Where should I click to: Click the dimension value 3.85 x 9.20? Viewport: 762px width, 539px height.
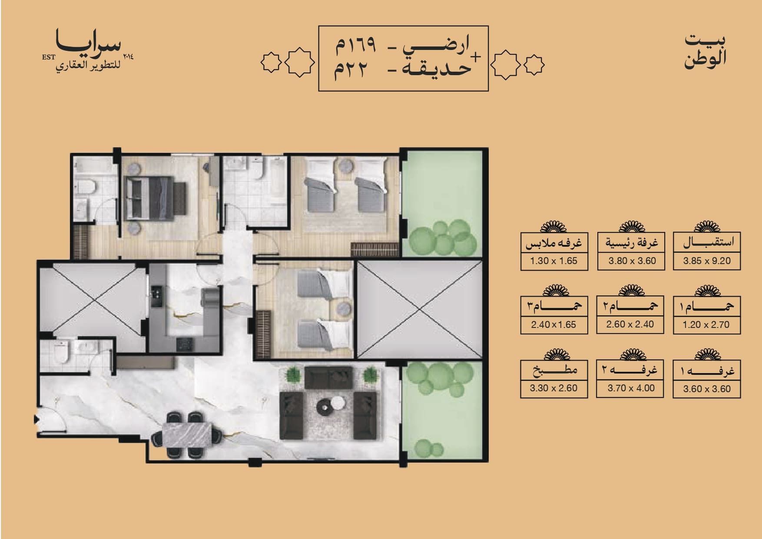707,261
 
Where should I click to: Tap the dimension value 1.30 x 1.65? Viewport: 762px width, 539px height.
553,261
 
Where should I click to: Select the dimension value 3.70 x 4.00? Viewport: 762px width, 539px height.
631,388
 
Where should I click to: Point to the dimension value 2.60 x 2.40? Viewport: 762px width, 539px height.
630,324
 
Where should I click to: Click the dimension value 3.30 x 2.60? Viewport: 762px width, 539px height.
553,388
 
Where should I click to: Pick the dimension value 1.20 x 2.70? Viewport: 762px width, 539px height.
706,324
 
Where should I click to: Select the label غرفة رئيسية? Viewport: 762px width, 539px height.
632,243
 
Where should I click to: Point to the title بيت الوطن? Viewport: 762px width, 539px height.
705,51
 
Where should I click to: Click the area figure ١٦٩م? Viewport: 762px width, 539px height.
355,46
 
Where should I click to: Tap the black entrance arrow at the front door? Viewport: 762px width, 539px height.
36,420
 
